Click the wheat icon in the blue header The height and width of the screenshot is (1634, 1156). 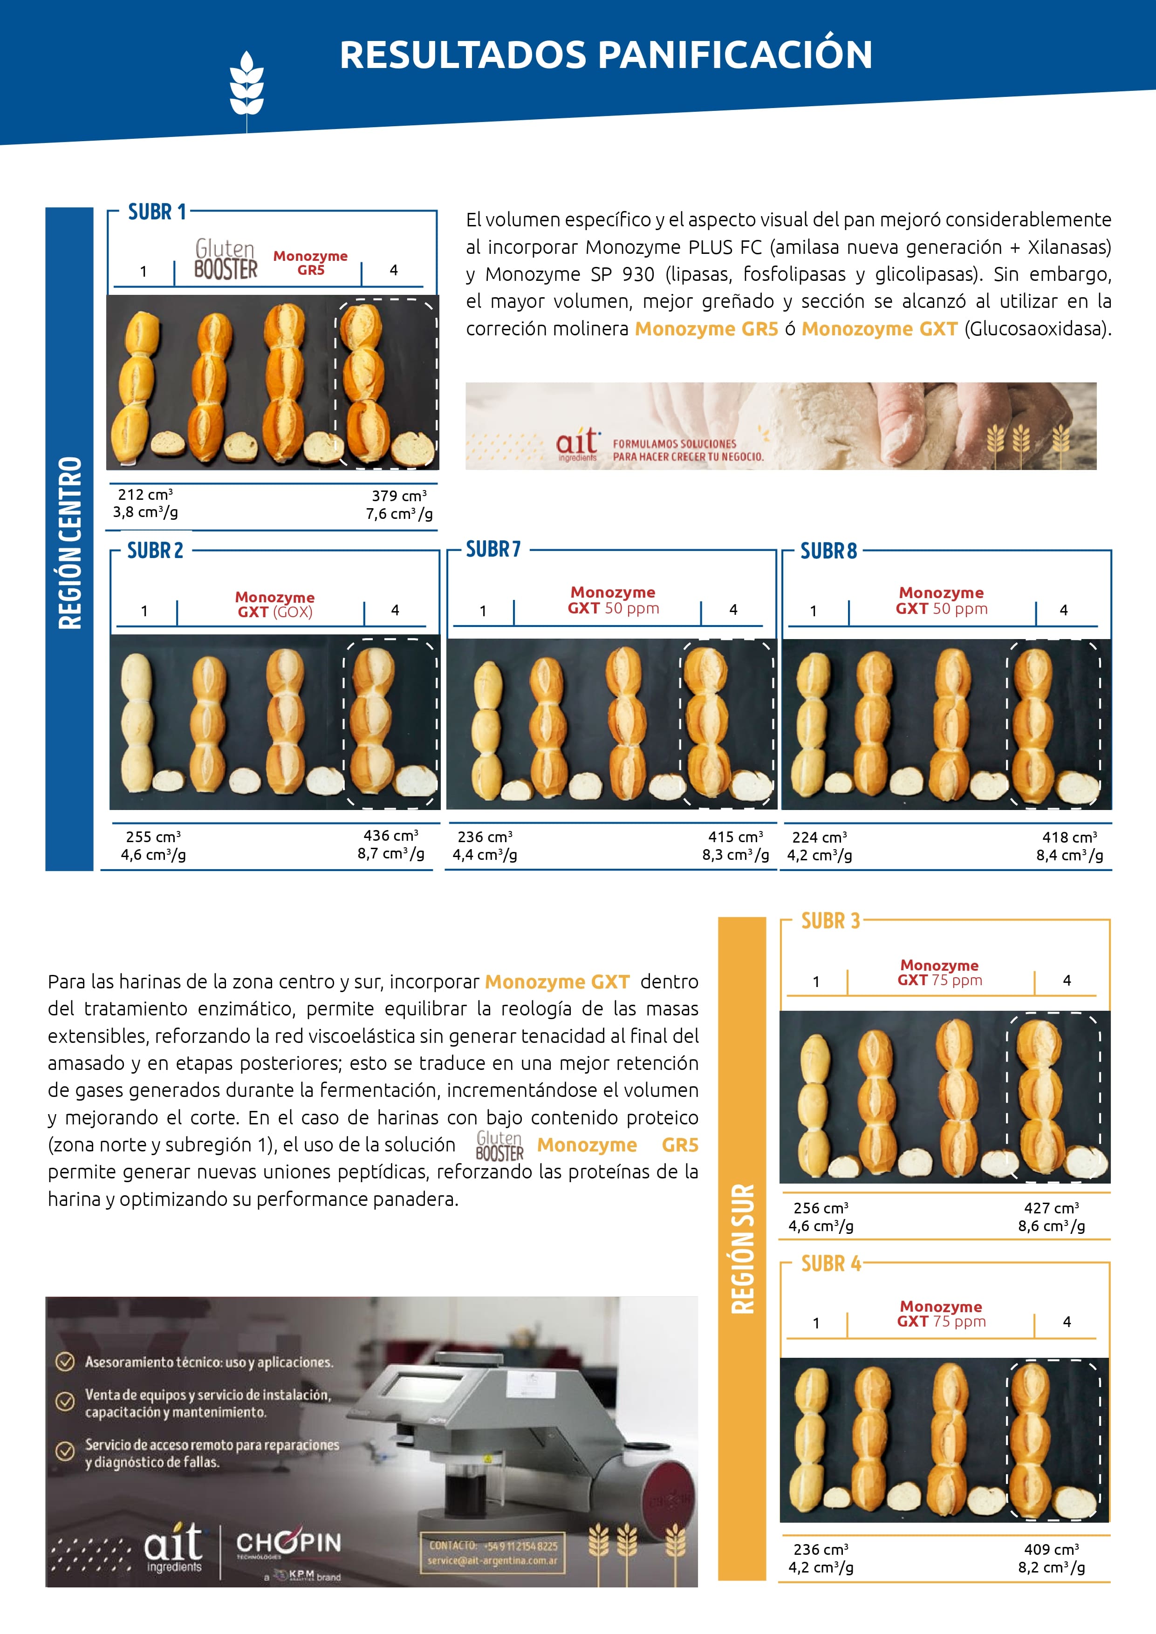246,84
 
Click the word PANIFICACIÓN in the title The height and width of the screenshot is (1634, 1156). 735,55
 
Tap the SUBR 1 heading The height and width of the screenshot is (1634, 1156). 157,212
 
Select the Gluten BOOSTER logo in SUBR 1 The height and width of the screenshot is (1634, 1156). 226,260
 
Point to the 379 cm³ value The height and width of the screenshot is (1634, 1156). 399,495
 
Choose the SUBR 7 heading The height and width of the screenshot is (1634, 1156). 492,550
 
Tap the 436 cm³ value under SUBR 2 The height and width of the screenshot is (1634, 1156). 391,836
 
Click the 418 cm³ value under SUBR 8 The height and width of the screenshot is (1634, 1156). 1069,837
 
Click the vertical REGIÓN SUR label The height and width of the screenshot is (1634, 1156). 742,1249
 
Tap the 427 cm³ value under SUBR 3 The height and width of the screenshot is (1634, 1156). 1051,1208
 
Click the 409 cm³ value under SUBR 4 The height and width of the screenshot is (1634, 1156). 1051,1549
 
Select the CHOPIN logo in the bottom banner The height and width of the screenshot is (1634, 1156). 288,1543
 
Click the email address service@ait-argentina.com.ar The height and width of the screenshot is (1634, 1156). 492,1561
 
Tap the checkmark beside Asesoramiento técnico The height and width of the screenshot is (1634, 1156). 65,1362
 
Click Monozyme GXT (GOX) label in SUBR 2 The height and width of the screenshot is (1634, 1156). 275,604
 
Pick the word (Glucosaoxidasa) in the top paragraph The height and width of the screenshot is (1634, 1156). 1038,329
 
